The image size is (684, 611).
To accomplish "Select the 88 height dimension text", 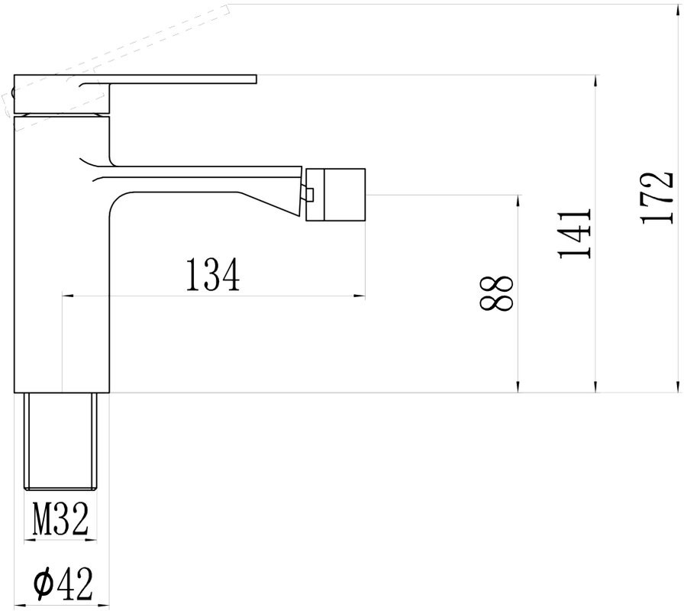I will click(497, 293).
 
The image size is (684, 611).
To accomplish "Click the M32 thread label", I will click(60, 520).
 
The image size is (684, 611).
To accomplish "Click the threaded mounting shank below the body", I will click(62, 441).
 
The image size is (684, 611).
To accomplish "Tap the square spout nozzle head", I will click(336, 194).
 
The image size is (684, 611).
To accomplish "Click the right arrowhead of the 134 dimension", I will click(360, 296).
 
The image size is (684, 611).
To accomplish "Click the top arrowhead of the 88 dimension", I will click(518, 201).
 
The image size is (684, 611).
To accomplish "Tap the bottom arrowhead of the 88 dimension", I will click(518, 387).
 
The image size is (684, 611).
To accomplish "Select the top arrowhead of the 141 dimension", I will click(596, 81).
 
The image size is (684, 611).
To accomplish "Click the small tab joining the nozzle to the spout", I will click(309, 196).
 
